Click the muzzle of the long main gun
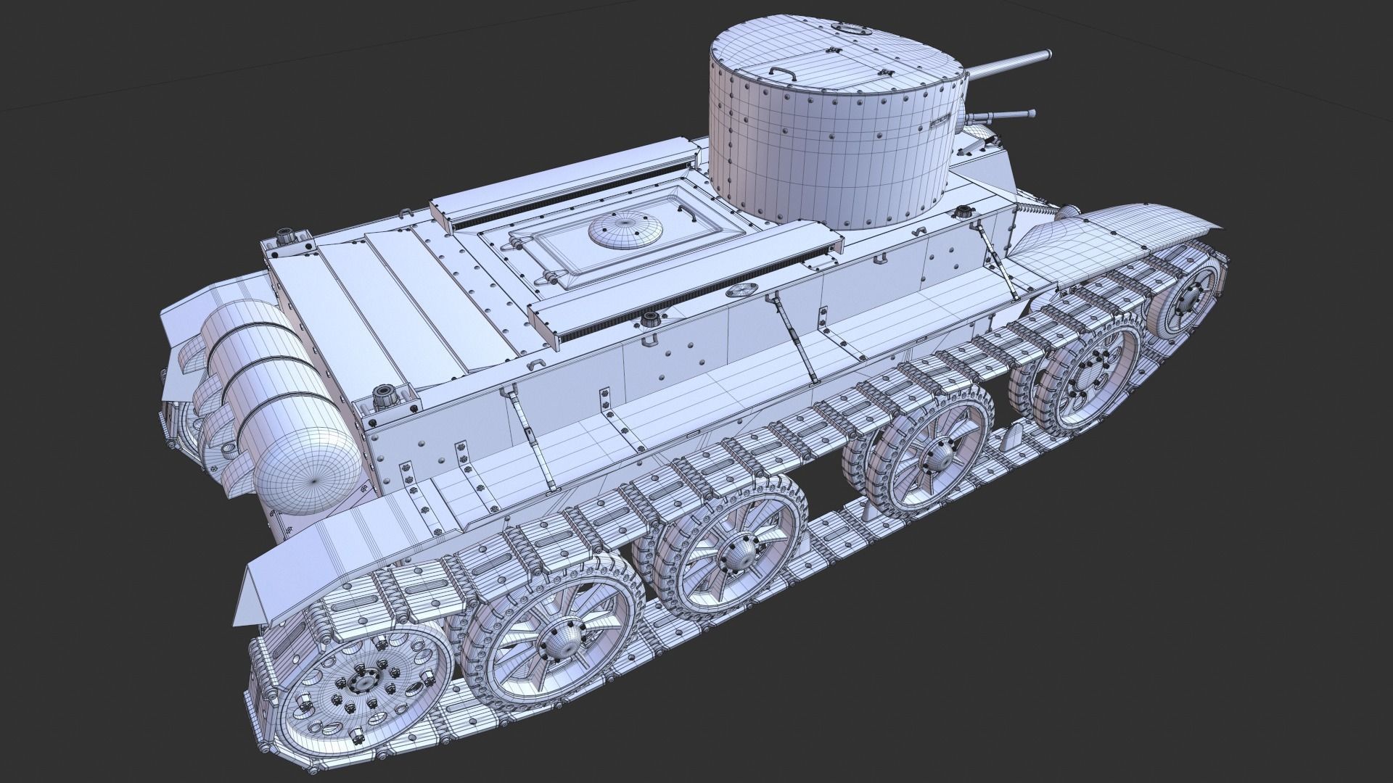tap(1048, 54)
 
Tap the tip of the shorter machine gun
tap(1030, 112)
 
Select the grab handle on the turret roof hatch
tap(782, 72)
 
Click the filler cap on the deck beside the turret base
tap(963, 212)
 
